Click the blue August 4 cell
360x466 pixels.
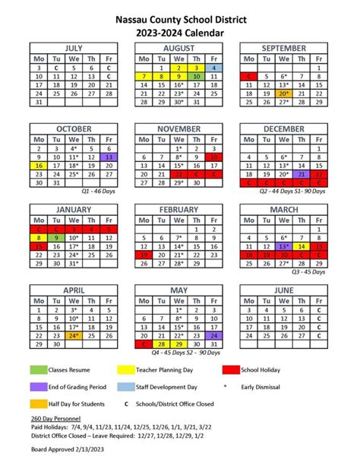pyautogui.click(x=215, y=67)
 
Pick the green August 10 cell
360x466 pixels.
pyautogui.click(x=197, y=77)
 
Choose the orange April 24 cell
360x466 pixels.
pyautogui.click(x=74, y=334)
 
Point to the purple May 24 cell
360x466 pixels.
pyautogui.click(x=215, y=334)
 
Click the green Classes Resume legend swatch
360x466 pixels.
pyautogui.click(x=39, y=369)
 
